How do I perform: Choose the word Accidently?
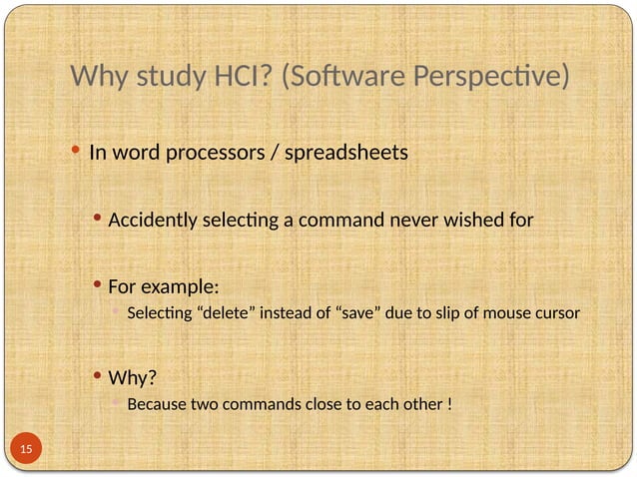point(151,220)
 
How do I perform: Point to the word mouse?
point(505,313)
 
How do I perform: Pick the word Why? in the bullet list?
point(133,379)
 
